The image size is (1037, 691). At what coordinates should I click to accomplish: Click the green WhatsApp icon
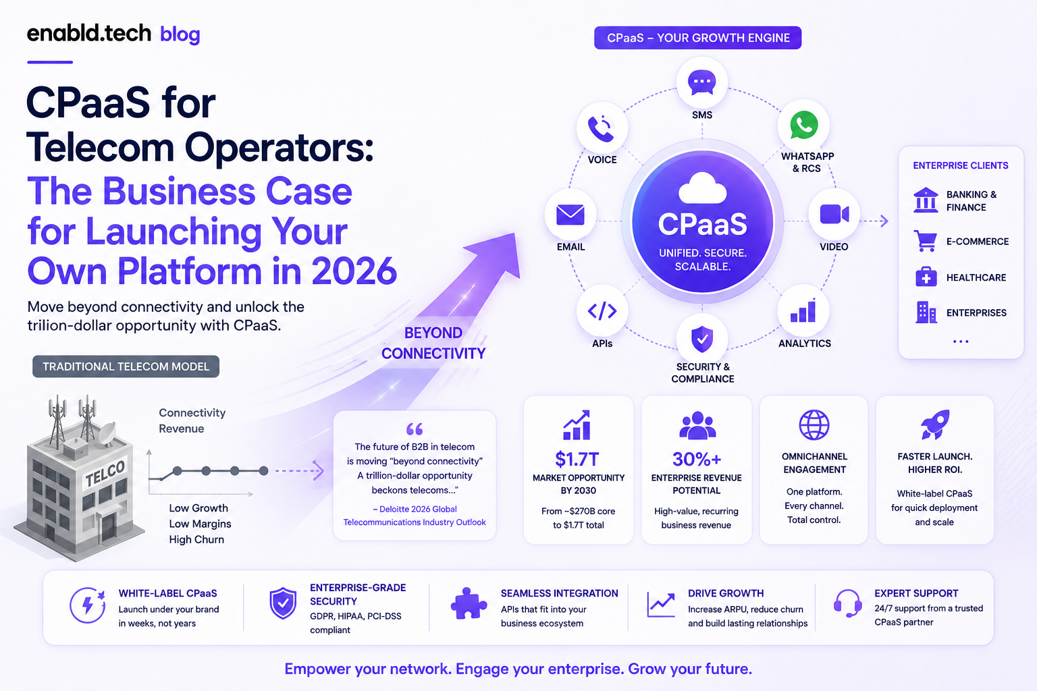(803, 125)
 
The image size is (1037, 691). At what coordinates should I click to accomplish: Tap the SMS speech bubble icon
(702, 82)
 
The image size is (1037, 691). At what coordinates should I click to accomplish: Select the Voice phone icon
(601, 128)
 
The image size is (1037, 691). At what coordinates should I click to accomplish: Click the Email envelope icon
(570, 215)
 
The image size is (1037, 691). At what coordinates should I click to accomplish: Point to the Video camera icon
(834, 215)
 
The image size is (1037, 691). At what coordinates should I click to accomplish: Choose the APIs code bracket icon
(602, 311)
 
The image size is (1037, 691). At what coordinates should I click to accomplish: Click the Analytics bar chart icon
(803, 310)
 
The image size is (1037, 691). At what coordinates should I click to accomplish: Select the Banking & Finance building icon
(926, 200)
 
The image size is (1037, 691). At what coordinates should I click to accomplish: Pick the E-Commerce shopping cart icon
(926, 241)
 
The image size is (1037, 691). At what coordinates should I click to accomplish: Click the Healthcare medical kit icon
(926, 277)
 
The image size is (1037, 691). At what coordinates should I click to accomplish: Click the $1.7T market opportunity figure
(577, 459)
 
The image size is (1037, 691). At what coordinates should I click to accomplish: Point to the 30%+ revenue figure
(697, 459)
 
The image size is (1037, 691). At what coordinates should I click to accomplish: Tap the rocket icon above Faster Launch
(935, 424)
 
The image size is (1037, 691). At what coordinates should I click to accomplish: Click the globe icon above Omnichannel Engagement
(814, 425)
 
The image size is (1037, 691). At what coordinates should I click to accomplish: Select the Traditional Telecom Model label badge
(126, 366)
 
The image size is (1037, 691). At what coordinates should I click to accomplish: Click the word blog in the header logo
(180, 34)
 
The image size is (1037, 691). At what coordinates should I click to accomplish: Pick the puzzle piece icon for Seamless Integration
(469, 603)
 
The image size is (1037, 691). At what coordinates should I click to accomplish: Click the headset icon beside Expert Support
(848, 603)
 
